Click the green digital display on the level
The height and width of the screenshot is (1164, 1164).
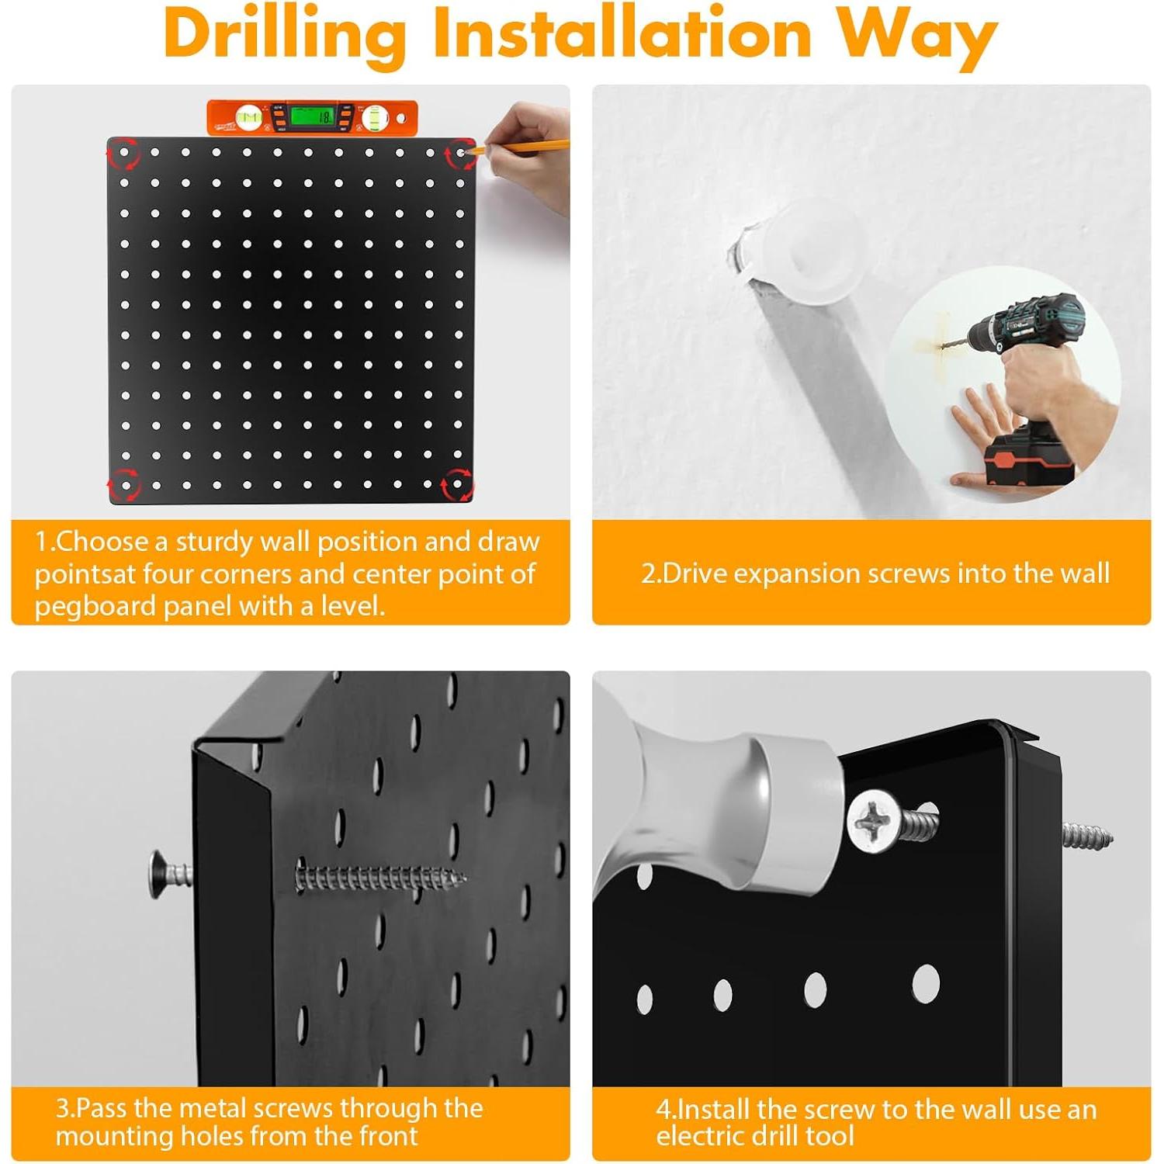312,117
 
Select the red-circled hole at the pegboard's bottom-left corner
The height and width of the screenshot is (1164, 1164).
124,485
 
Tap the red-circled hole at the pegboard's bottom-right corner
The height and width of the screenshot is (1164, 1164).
457,485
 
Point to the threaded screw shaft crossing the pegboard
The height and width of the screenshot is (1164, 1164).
380,878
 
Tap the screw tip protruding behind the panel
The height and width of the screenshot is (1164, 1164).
1086,836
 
